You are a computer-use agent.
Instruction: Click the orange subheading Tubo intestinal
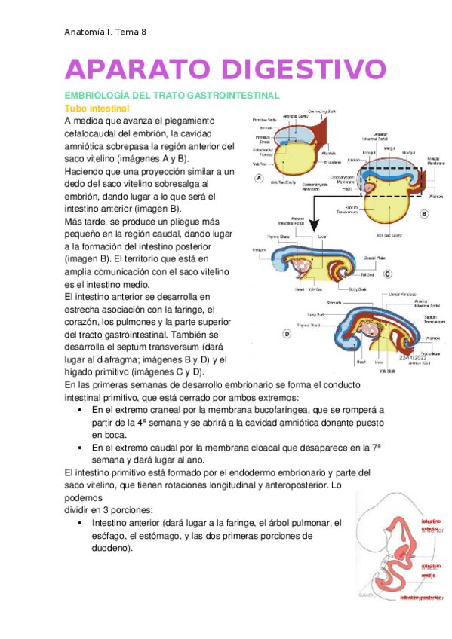98,109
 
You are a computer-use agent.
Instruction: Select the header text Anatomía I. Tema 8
105,32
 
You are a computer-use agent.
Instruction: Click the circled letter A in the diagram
259,179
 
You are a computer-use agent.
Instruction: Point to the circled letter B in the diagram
424,213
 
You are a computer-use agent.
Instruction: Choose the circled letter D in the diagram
287,333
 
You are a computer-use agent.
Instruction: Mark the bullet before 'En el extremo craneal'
81,410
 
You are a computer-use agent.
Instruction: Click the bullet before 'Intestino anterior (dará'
81,522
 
